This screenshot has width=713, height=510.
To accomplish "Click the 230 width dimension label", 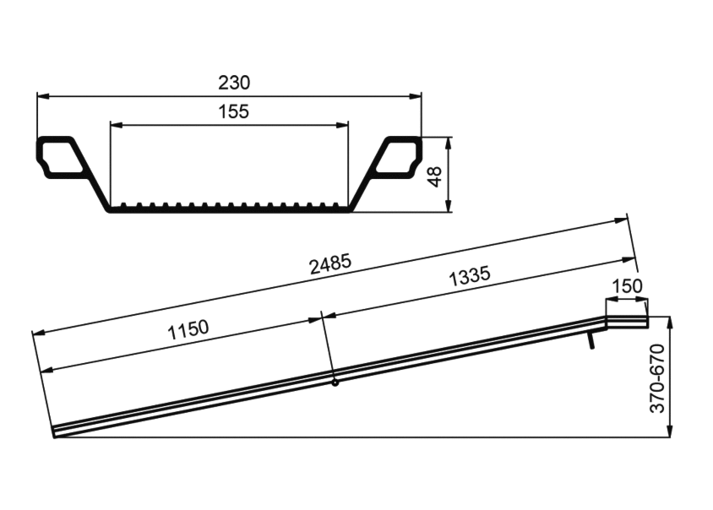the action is tap(234, 83).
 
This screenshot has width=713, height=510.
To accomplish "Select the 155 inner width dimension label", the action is tap(234, 111).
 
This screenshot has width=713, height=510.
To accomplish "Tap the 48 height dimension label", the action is tap(435, 176).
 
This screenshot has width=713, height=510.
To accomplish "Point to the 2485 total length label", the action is tap(330, 264).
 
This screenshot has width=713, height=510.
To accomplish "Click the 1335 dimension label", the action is tap(470, 276).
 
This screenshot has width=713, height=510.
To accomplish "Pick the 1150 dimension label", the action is tap(188, 330).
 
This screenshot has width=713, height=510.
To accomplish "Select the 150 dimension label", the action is tap(627, 286).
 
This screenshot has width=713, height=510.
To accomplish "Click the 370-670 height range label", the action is tap(657, 378).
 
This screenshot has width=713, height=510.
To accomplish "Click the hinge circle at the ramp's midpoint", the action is tap(335, 383).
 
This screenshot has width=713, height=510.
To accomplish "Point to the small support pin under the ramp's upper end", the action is tap(591, 340).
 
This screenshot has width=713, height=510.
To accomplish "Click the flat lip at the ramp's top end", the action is tap(628, 322).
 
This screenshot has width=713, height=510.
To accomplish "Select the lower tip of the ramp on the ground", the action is tap(54, 437).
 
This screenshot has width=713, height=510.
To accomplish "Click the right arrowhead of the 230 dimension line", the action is tap(416, 96).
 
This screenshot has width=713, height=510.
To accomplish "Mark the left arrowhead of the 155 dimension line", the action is tap(117, 124).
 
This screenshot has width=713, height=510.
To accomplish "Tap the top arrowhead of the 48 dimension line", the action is tap(449, 143).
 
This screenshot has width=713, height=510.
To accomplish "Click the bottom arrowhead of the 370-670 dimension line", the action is tap(669, 431).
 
